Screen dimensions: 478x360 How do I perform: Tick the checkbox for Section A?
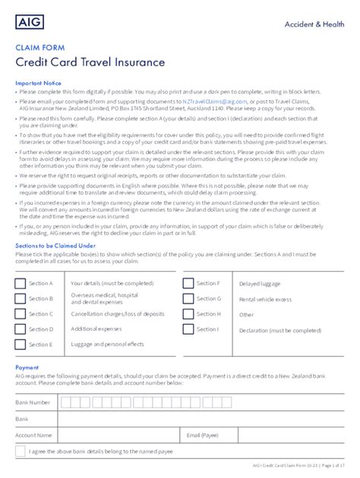tap(20, 283)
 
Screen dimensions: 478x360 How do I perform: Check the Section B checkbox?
tap(20, 298)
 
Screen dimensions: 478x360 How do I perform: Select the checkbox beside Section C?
tap(20, 313)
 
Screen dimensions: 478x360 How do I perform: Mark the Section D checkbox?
tap(20, 329)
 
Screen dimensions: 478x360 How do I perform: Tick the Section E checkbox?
tap(20, 344)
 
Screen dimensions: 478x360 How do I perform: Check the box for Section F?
tap(188, 283)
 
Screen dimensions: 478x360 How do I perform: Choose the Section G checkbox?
tap(188, 298)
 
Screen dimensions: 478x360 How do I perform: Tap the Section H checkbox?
tap(188, 313)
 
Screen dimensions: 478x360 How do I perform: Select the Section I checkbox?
tap(188, 329)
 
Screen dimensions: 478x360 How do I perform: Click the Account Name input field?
tap(118, 435)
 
